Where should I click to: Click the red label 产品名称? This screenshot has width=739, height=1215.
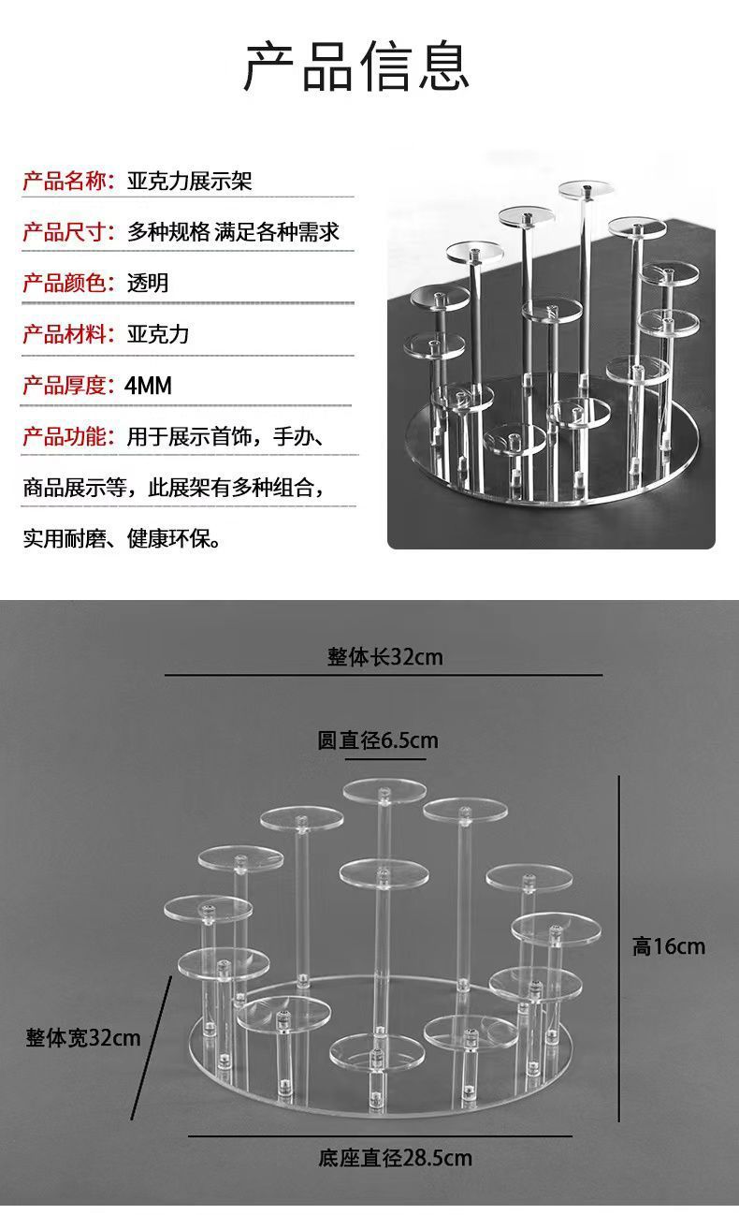coord(66,181)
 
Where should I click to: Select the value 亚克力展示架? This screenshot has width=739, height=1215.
coord(190,181)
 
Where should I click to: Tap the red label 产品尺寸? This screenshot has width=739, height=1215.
coord(66,231)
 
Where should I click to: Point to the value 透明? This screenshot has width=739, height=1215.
coord(148,283)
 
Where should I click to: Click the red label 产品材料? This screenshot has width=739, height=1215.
coord(66,334)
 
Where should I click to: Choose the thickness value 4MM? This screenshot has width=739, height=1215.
coord(149,385)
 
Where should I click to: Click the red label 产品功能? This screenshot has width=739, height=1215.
coord(66,436)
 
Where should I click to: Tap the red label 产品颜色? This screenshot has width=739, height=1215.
coord(66,283)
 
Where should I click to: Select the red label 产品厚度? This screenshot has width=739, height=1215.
coord(66,385)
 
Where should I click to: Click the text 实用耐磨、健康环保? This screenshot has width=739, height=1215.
coord(122,538)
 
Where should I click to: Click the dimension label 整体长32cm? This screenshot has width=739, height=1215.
coord(384,657)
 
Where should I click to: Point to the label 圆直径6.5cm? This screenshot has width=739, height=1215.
coord(378,740)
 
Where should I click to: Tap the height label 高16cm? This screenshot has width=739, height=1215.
coord(669,946)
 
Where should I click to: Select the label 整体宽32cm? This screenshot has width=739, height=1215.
coord(83,1037)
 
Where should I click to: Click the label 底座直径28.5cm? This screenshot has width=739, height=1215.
coord(395,1158)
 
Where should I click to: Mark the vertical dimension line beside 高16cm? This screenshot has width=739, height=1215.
coord(619,945)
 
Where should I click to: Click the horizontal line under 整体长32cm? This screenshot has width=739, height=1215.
coord(384,675)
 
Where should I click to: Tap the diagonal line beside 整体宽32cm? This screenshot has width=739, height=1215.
coord(151,1047)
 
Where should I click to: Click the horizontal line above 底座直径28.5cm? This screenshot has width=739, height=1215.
coord(380,1136)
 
